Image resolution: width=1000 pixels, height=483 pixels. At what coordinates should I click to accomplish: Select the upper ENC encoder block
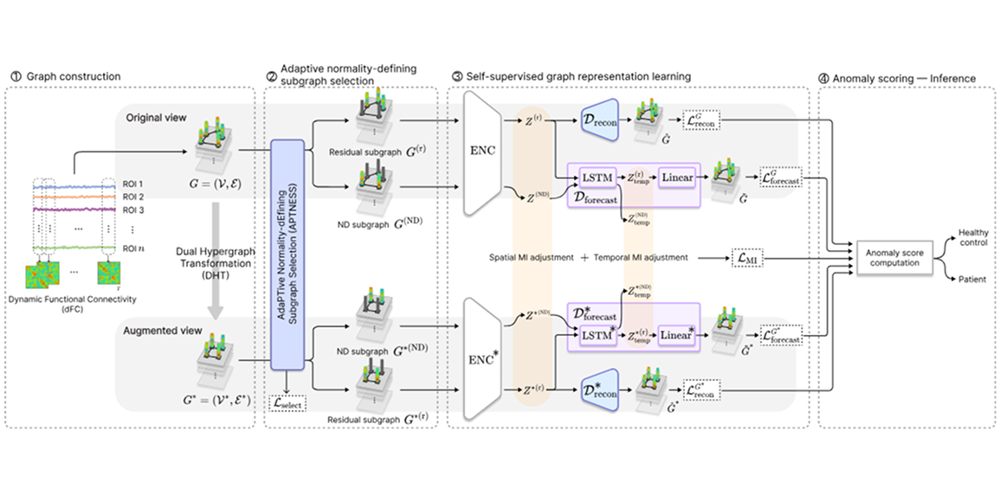(x=484, y=152)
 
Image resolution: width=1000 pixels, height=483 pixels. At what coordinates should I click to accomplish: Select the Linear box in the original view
(x=678, y=177)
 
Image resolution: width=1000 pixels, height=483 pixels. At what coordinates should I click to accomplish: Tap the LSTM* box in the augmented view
(x=596, y=335)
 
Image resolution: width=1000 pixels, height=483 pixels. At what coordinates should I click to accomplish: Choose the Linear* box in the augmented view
(x=678, y=335)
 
